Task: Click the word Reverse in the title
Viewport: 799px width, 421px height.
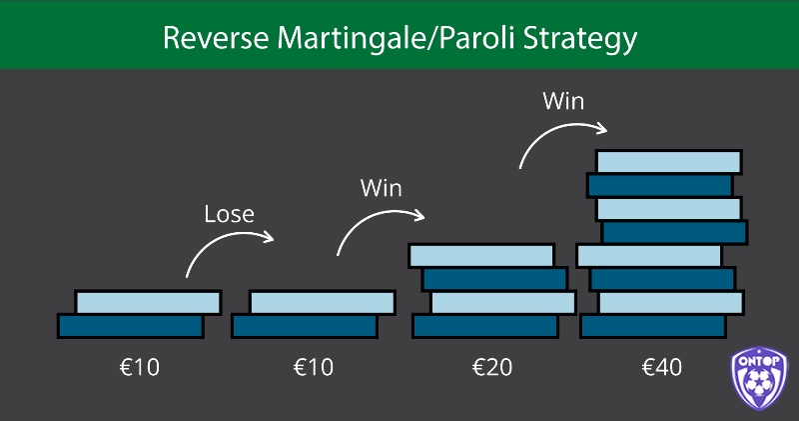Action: (216, 38)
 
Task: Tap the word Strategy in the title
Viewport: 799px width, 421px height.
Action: (580, 40)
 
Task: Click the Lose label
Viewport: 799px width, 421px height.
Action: (230, 214)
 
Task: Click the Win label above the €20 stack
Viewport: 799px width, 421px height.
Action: (382, 188)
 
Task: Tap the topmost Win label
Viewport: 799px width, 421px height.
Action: (563, 101)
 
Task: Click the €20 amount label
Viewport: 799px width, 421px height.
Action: (492, 367)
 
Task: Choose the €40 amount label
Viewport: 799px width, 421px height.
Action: (662, 367)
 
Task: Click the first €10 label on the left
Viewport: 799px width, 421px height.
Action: (140, 367)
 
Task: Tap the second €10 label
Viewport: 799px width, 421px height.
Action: (314, 367)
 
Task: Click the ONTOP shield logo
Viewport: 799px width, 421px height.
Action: (759, 378)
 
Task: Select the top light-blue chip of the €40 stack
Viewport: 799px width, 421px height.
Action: (669, 162)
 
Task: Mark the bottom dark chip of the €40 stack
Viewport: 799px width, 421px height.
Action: (653, 326)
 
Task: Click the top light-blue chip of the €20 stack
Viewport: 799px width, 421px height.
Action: (481, 256)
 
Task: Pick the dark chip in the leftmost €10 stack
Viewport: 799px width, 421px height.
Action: (131, 326)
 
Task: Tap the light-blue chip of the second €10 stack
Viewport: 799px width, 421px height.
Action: (323, 303)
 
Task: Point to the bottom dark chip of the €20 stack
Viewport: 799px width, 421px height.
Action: (485, 326)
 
